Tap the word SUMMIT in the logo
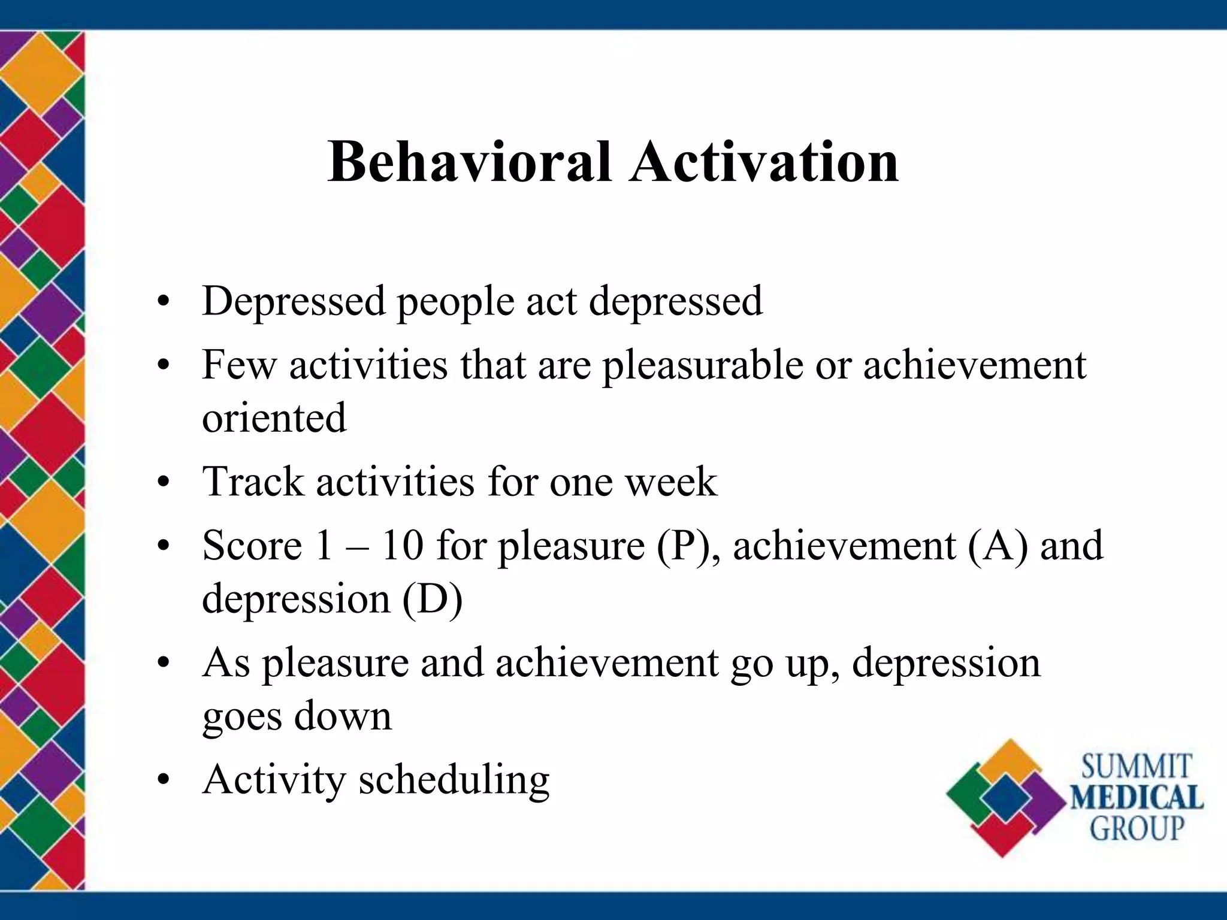(x=1136, y=767)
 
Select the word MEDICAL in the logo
(x=1137, y=798)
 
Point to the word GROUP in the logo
(x=1137, y=829)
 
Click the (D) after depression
(x=432, y=598)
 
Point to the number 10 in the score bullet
(x=402, y=546)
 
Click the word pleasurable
(x=702, y=365)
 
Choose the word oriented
(x=274, y=417)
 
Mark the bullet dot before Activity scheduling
(x=163, y=780)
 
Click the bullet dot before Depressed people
(x=163, y=301)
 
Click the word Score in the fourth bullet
(x=252, y=546)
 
